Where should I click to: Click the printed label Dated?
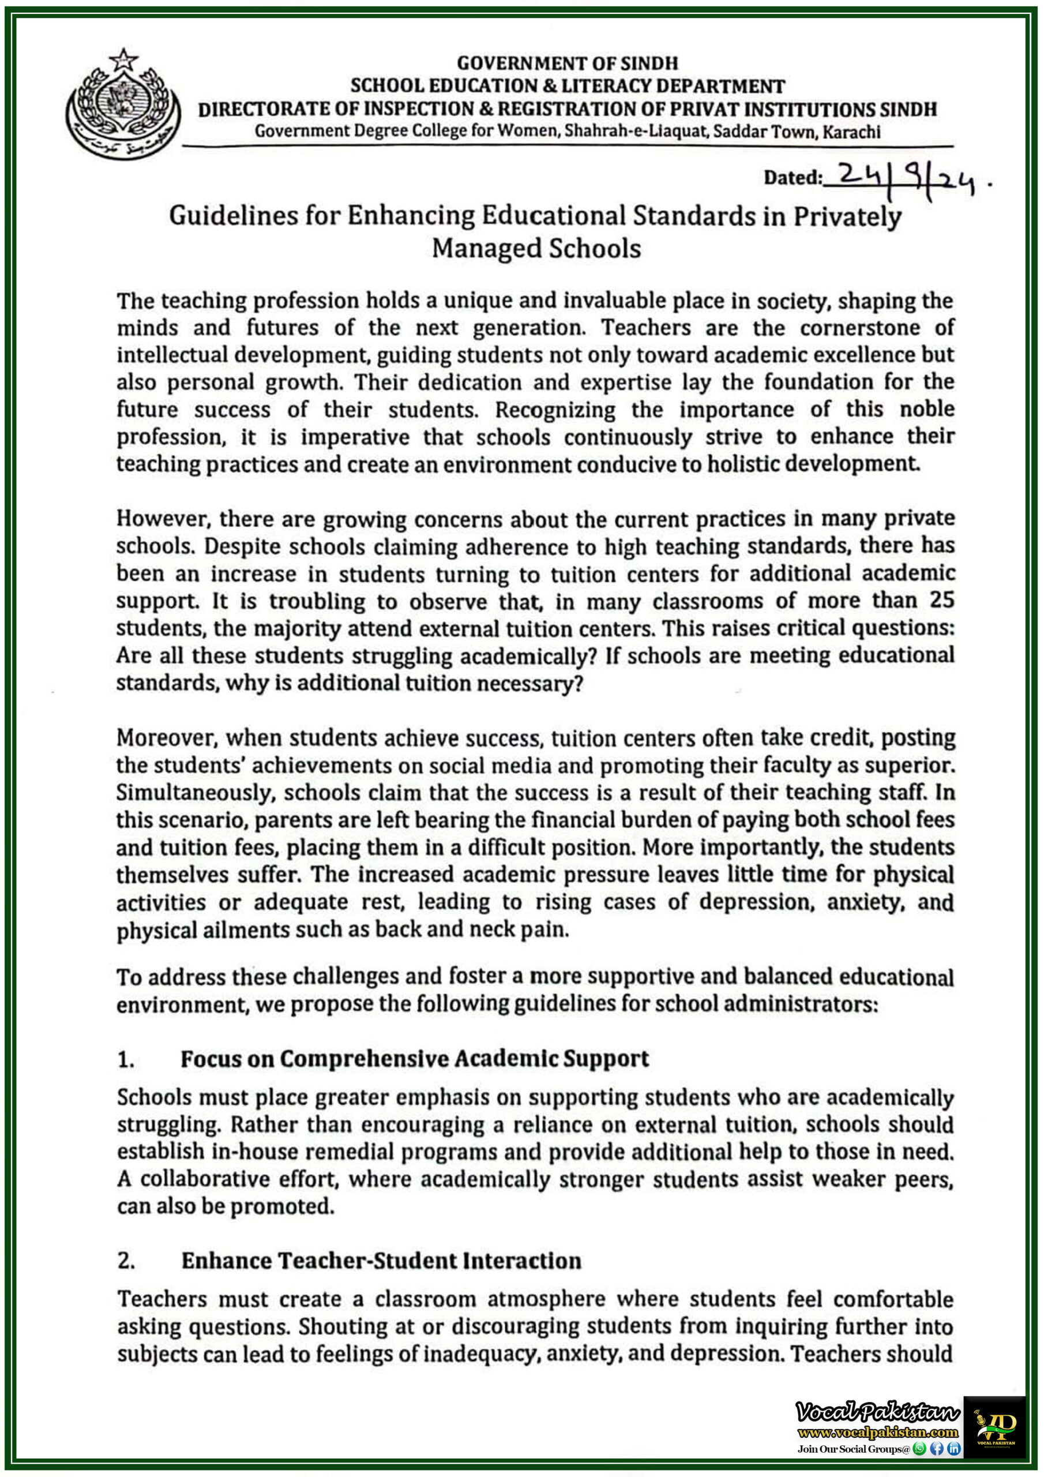(793, 178)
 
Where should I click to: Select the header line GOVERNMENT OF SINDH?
(568, 63)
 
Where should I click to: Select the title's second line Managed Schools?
(536, 248)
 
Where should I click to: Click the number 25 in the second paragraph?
(941, 599)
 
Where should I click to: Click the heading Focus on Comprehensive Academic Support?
(414, 1059)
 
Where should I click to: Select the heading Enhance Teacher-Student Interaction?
(381, 1260)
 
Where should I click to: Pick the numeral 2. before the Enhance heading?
(126, 1261)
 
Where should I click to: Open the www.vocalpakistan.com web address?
(877, 1433)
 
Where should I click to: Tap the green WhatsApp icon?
(919, 1449)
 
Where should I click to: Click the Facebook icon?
(937, 1449)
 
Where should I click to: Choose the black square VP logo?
(994, 1427)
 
